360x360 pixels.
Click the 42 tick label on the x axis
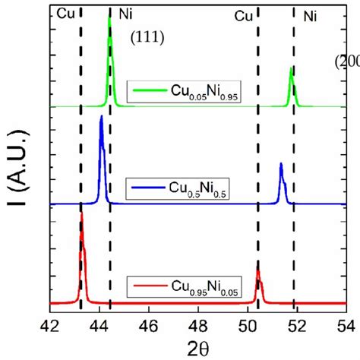pyautogui.click(x=50, y=322)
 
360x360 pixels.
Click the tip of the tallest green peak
pyautogui.click(x=110, y=18)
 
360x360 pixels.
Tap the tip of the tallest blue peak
pyautogui.click(x=101, y=116)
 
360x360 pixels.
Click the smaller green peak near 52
pyautogui.click(x=292, y=68)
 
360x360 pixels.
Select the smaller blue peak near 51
pyautogui.click(x=281, y=164)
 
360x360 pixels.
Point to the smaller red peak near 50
pyautogui.click(x=258, y=270)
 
